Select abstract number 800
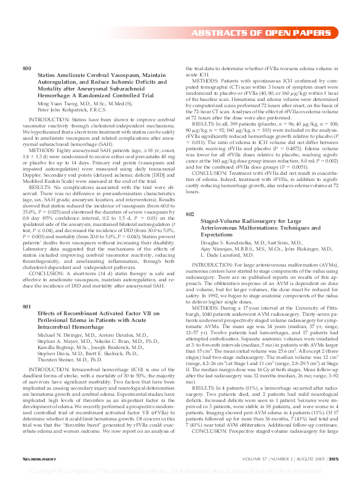click(26, 68)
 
